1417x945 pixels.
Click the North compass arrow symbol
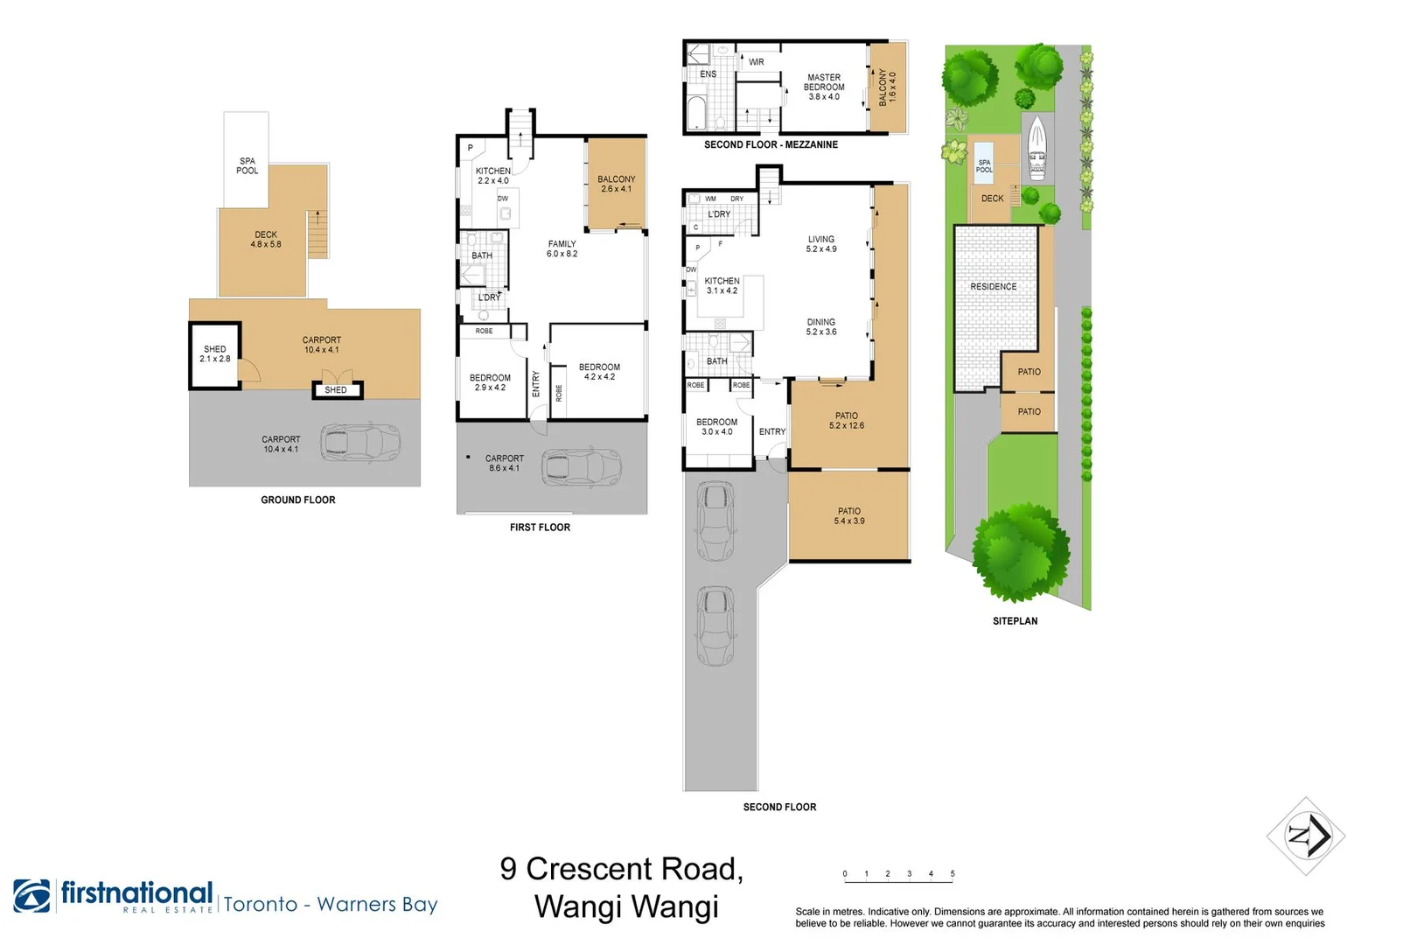1306,836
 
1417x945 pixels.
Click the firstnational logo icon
32,896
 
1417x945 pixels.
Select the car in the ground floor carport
359,443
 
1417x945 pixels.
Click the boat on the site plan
1037,147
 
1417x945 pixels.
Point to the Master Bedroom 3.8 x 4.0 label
824,87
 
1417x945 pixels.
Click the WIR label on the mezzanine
757,62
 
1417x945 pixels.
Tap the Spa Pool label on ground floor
248,166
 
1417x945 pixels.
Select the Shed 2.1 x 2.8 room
215,354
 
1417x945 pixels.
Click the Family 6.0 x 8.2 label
562,249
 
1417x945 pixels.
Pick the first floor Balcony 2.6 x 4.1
617,184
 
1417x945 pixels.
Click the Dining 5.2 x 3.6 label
821,327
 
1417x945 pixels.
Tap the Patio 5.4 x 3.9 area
849,516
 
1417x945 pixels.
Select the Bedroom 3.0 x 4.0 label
716,427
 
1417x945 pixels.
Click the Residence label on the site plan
994,287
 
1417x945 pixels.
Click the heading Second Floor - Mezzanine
771,145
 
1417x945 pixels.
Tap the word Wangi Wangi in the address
626,906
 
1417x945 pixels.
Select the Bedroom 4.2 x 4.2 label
599,372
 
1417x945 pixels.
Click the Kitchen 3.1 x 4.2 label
722,286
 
